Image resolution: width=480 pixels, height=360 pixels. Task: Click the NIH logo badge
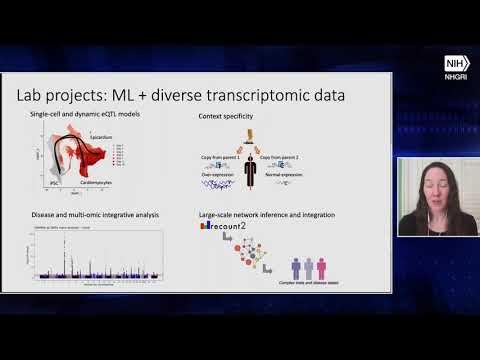[x=457, y=62]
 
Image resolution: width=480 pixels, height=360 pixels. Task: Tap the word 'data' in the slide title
[x=327, y=96]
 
